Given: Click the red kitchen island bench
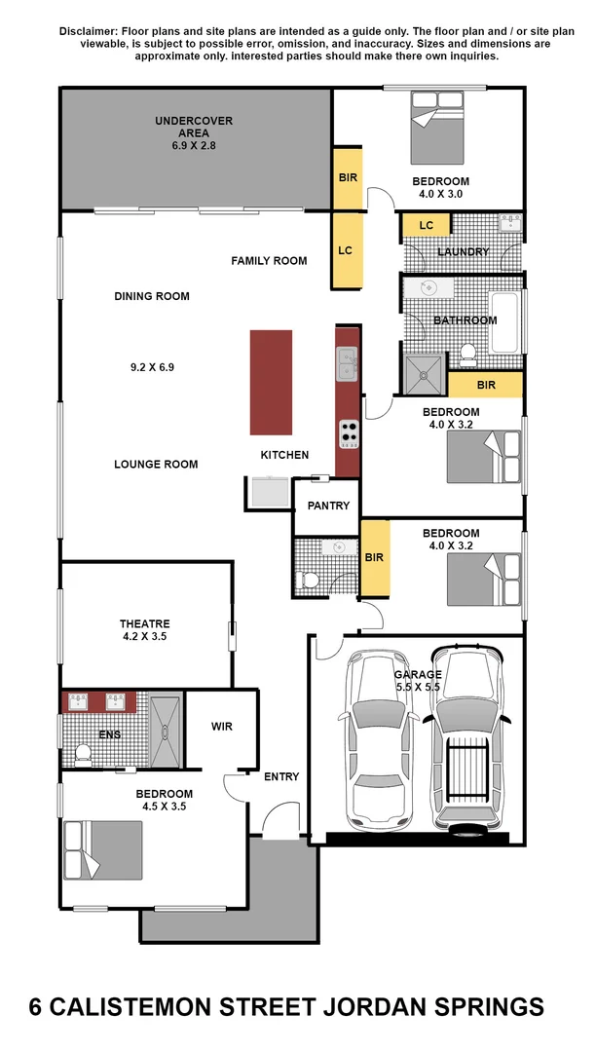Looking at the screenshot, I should [x=271, y=382].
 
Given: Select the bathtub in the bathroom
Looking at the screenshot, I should [x=505, y=322].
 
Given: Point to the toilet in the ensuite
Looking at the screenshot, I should [x=83, y=753].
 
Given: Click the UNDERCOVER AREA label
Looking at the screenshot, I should [x=194, y=122].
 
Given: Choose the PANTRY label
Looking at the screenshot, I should [x=327, y=507].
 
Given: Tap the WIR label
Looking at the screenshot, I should [x=221, y=727].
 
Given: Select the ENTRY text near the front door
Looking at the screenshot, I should [x=281, y=776].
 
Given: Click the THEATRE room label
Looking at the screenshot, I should [x=145, y=623].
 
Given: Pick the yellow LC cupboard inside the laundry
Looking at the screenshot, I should [x=426, y=226].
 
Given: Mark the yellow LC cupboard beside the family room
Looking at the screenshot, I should [x=345, y=250].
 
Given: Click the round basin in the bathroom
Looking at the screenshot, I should [x=428, y=287].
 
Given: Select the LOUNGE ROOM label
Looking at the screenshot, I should [x=156, y=464].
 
